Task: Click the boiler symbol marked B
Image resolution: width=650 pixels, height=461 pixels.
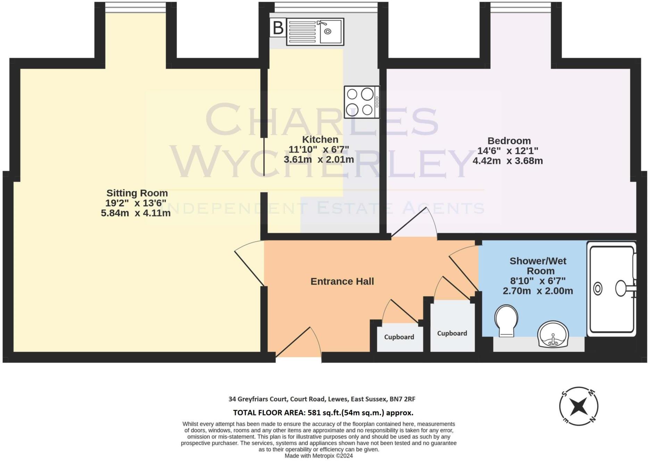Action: [278, 28]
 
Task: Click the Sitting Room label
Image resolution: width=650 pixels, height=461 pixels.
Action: [137, 193]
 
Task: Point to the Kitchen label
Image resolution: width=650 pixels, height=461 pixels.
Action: [320, 140]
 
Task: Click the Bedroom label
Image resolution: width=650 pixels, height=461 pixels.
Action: [509, 141]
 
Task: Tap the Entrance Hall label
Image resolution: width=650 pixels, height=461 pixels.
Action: [342, 282]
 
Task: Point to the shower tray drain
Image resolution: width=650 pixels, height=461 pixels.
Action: [598, 289]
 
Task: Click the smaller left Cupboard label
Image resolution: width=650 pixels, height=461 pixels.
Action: [399, 337]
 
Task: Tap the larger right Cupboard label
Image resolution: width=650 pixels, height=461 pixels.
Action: [452, 333]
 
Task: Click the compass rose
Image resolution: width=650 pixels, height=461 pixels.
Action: [578, 405]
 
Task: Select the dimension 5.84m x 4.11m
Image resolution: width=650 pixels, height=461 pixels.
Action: [135, 213]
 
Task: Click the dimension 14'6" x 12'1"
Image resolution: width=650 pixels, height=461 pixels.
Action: [507, 151]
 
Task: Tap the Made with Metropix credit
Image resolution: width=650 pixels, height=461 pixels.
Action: [318, 456]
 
